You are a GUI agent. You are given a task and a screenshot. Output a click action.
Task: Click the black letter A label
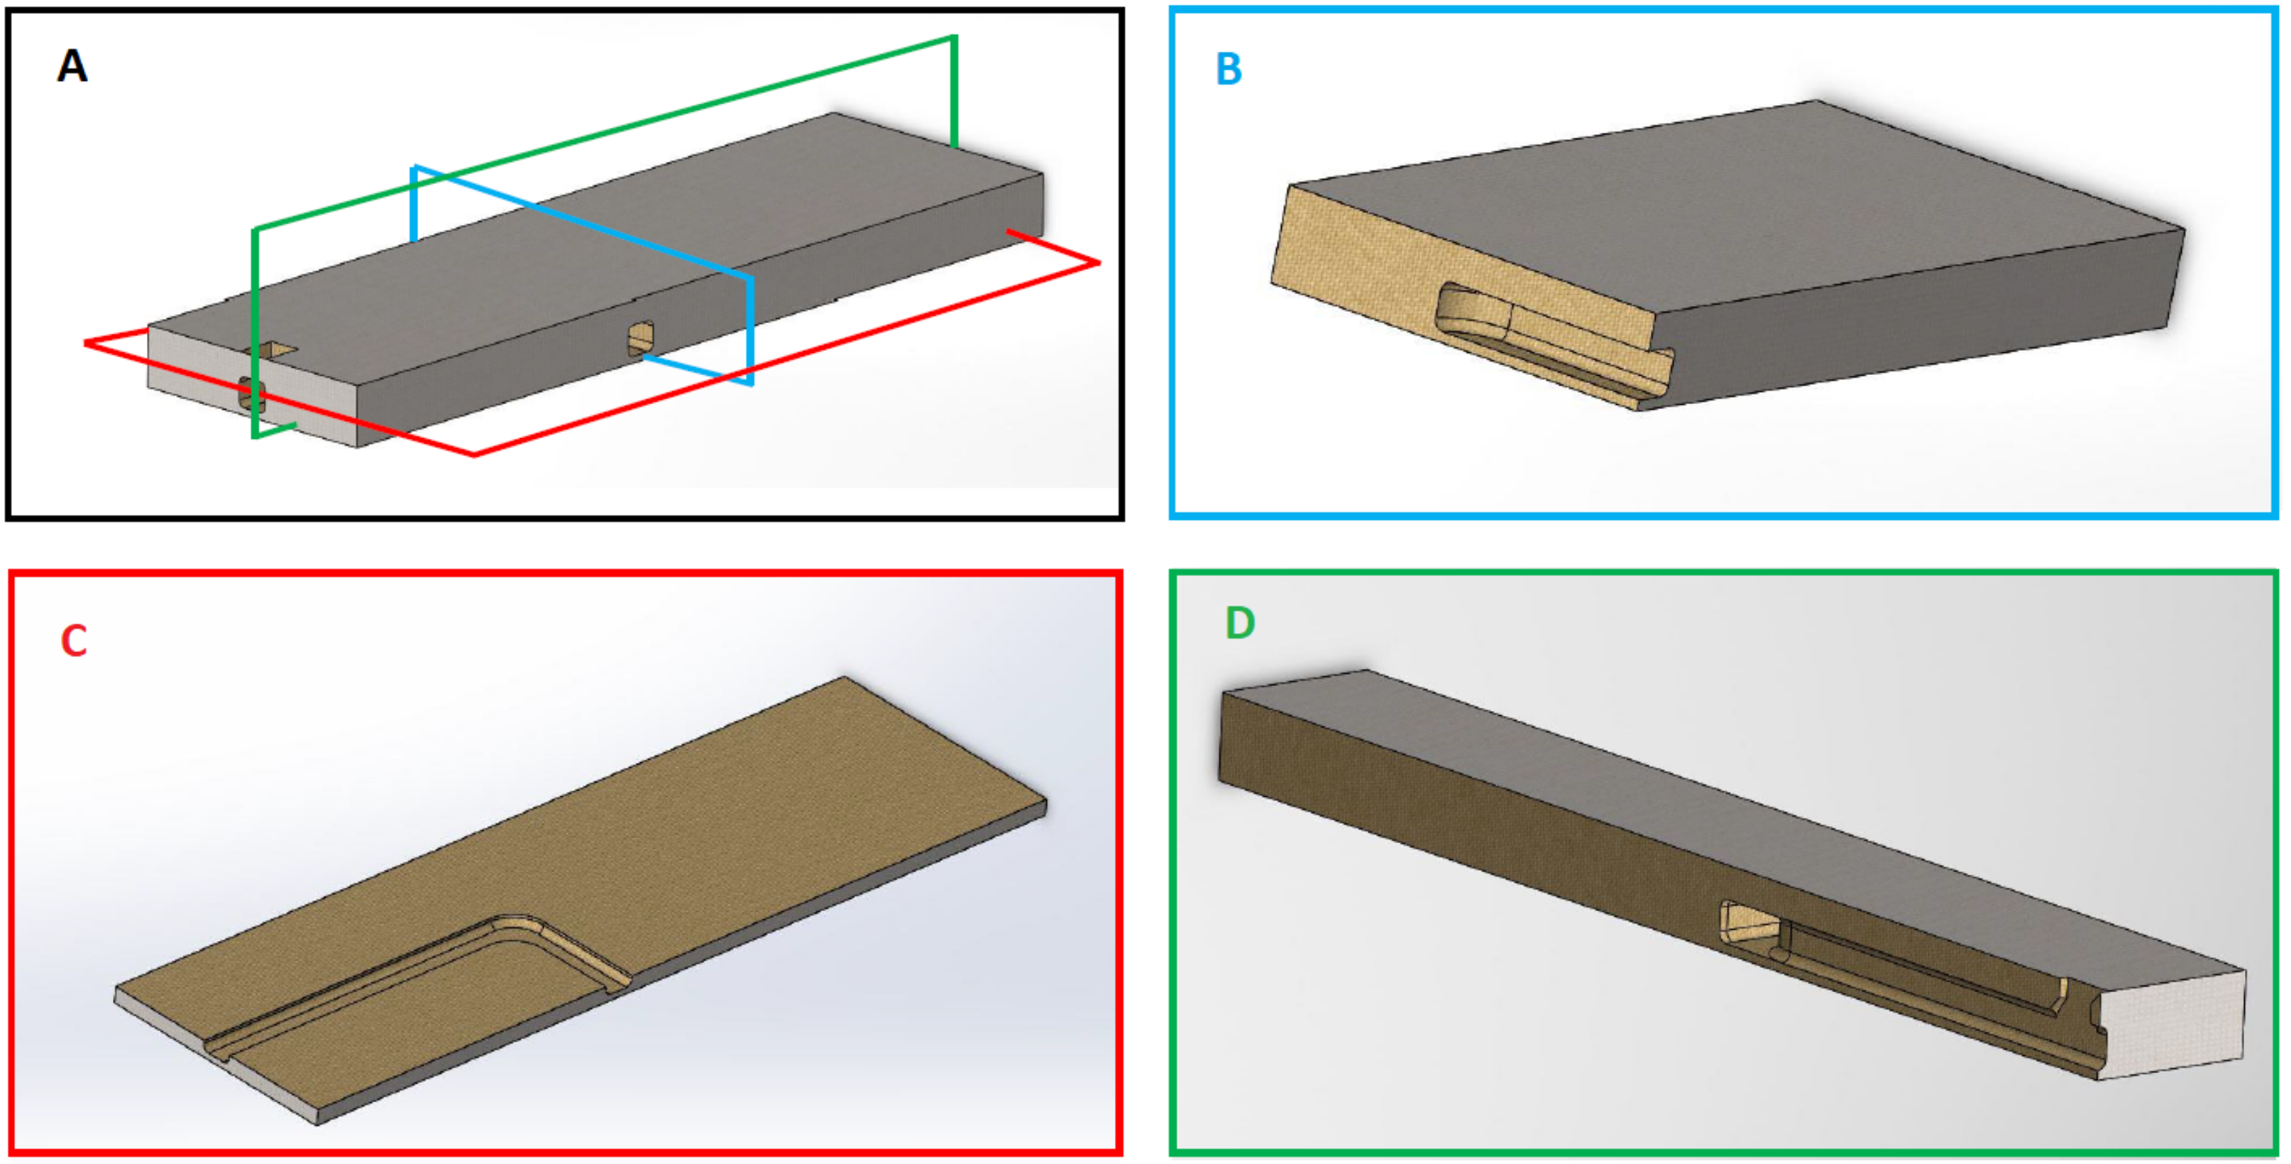point(72,66)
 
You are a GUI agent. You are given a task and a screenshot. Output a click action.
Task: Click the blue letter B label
point(1229,68)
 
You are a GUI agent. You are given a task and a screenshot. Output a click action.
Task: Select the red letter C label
point(74,641)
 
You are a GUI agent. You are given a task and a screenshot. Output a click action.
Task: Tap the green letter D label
point(1240,623)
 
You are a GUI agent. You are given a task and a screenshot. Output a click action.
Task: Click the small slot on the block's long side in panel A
point(640,338)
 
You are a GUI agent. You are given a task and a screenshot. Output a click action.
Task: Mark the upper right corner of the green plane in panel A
point(955,38)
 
